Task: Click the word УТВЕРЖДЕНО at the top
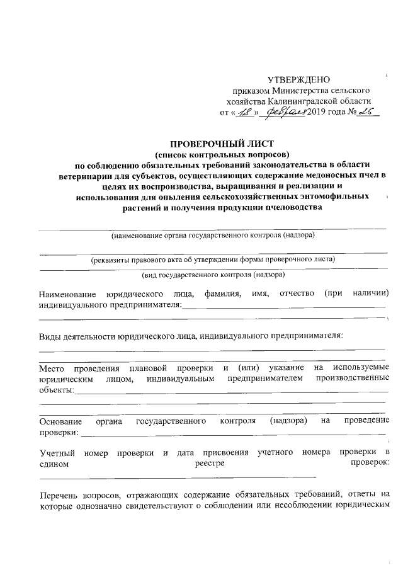[299, 79]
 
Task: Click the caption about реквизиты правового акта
[212, 259]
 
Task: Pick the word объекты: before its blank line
[55, 390]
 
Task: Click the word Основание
[60, 420]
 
